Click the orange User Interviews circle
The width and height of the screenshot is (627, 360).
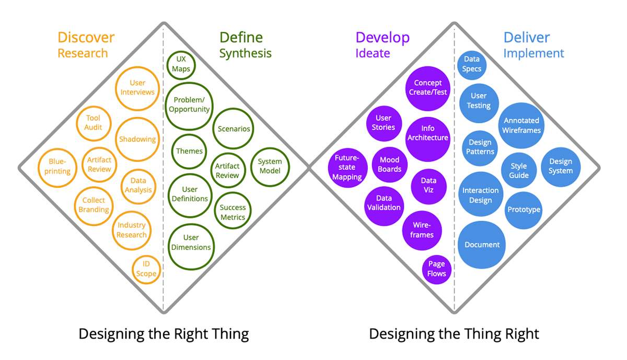[138, 88]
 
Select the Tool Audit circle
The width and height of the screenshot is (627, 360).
[94, 123]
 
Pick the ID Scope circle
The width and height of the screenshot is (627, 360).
[146, 269]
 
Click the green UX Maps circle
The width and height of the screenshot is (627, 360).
[181, 64]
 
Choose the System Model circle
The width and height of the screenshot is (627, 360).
[270, 167]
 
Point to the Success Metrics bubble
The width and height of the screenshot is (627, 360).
[233, 212]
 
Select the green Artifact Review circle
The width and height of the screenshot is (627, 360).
[227, 171]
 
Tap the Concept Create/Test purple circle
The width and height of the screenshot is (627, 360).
[428, 88]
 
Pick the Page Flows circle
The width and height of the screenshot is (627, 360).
[437, 269]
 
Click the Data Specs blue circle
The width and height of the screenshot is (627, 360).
[472, 64]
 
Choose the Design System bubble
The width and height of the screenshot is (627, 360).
[561, 167]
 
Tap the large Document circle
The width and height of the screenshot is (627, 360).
[482, 245]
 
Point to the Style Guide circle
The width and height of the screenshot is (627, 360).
[519, 171]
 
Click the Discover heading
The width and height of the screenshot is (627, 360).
[86, 38]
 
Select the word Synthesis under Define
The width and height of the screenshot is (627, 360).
[245, 53]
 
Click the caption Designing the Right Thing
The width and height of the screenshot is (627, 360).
[164, 334]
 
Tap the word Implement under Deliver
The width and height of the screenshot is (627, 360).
[533, 53]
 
